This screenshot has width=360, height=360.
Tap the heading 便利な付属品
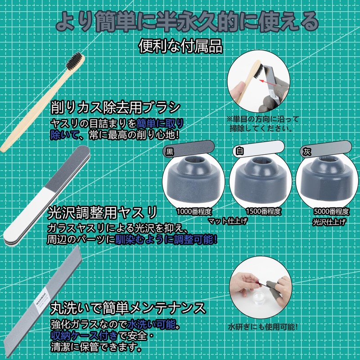click(x=181, y=46)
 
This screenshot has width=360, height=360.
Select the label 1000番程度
click(x=194, y=211)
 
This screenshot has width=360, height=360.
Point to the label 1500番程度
click(x=264, y=211)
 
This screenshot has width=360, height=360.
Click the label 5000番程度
click(x=332, y=211)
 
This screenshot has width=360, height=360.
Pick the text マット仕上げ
click(x=228, y=221)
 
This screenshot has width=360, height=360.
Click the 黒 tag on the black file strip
click(x=170, y=151)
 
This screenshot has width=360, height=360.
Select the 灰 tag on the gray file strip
click(x=307, y=152)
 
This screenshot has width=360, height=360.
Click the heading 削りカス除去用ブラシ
click(x=116, y=108)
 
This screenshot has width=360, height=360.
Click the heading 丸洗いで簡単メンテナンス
click(x=128, y=309)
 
